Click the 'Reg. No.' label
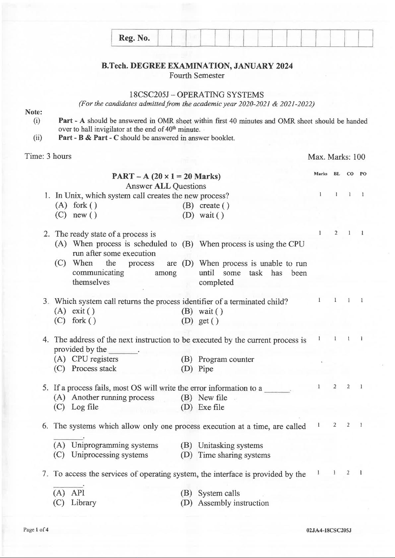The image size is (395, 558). [x=134, y=38]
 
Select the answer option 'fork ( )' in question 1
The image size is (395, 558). [x=85, y=205]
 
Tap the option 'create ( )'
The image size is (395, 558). [x=214, y=205]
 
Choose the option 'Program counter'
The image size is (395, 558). [x=226, y=359]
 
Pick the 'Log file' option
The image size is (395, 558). [x=85, y=407]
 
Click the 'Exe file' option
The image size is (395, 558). [x=211, y=407]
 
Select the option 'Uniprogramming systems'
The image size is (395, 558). [x=114, y=445]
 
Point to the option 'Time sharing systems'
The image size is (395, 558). [x=234, y=455]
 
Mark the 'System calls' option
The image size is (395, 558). [x=219, y=493]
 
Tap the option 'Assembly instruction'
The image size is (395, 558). [x=233, y=503]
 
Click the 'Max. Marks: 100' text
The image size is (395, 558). [x=336, y=157]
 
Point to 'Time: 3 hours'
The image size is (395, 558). [x=48, y=156]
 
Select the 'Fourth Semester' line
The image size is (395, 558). [x=197, y=76]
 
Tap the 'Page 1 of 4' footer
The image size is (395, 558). [x=36, y=530]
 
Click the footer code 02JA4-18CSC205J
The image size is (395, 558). [x=329, y=530]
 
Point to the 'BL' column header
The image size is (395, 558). [x=337, y=174]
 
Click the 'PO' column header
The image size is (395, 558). [x=363, y=174]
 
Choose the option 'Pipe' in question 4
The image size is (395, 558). [x=206, y=369]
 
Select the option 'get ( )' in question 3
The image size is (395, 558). [x=208, y=321]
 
